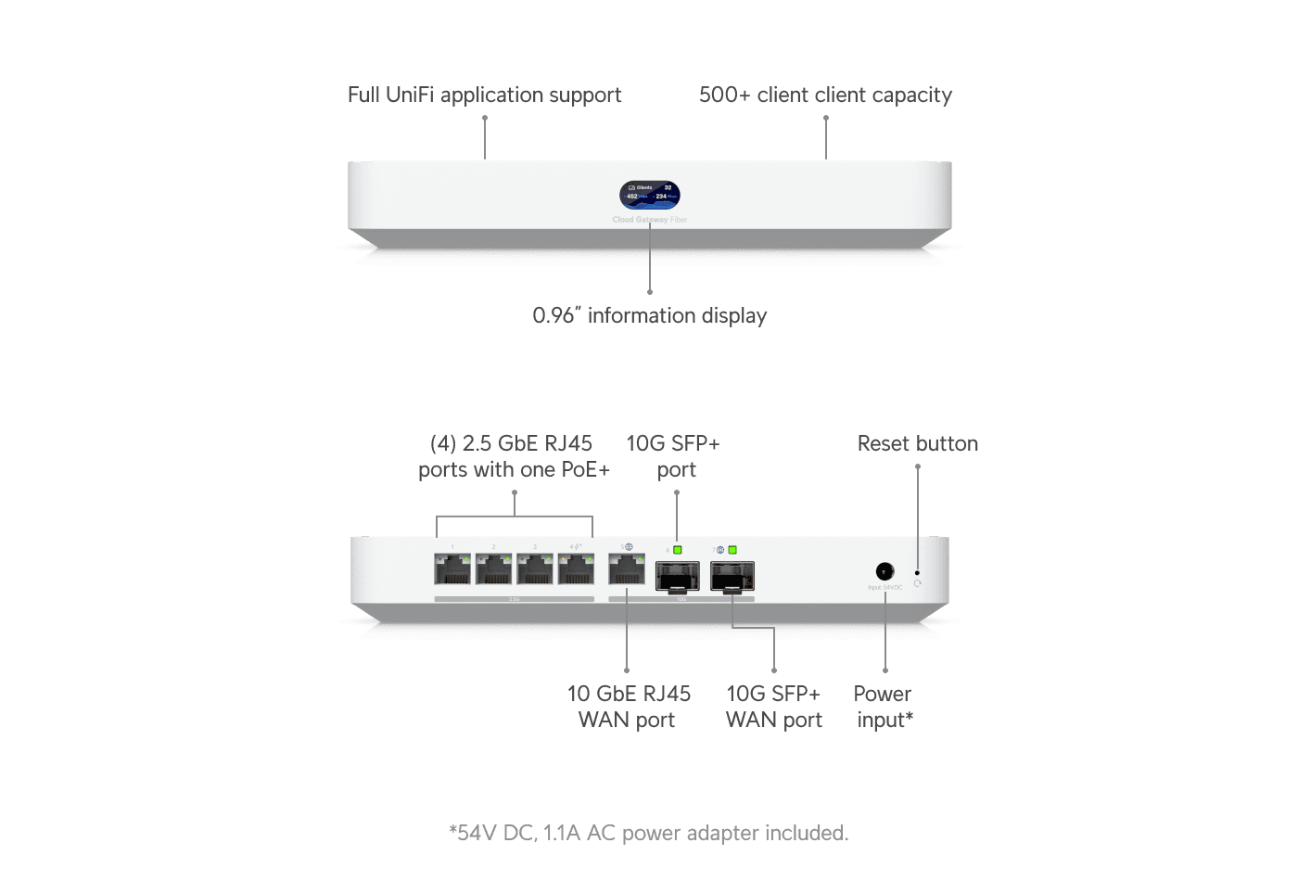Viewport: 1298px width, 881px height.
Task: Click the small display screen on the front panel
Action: point(650,195)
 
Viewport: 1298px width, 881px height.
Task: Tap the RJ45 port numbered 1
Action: point(452,569)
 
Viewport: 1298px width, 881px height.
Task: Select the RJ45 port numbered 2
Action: point(493,569)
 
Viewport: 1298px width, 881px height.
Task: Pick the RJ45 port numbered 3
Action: point(535,569)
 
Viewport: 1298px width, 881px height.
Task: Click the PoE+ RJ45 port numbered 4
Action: point(576,569)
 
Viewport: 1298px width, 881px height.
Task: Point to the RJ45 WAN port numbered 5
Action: point(627,569)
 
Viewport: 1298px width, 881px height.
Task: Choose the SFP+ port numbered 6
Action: point(677,576)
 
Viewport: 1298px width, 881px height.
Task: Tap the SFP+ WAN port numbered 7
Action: point(732,576)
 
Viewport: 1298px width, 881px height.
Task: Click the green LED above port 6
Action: point(678,550)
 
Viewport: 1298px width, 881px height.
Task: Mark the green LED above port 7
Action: point(732,550)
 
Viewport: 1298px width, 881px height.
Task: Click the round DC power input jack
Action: point(884,571)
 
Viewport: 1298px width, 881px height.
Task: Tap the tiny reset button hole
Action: point(917,573)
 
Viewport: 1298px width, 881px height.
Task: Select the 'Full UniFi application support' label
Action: point(484,95)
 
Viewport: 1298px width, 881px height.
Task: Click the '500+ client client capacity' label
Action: point(825,95)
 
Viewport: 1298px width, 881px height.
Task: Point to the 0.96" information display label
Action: point(650,315)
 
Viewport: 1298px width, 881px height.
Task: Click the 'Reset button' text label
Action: point(917,443)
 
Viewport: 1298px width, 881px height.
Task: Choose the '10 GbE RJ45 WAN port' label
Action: point(628,707)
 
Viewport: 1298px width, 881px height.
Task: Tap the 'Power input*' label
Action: point(883,707)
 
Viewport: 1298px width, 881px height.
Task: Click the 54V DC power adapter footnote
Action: point(648,833)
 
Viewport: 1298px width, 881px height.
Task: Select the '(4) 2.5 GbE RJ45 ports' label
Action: point(514,456)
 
